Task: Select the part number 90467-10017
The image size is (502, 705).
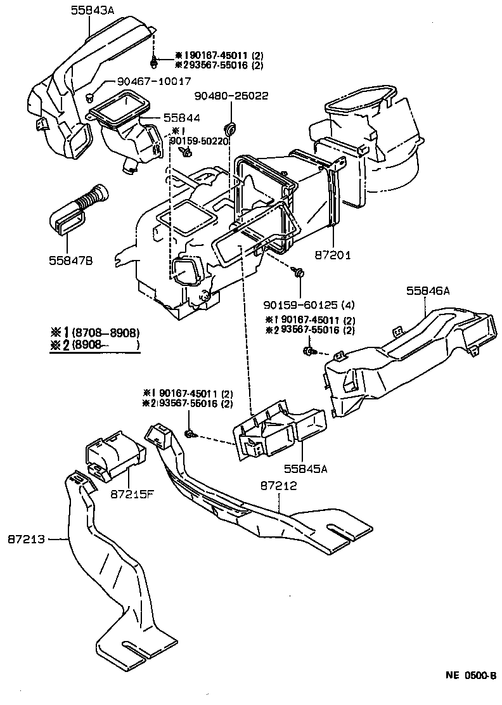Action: (x=153, y=82)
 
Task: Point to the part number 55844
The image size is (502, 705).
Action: (x=181, y=118)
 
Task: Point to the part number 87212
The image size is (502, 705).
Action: (x=279, y=486)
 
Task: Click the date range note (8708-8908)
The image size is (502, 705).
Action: (x=105, y=333)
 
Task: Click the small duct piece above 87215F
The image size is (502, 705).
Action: (x=113, y=453)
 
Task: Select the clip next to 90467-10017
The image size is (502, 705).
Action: (x=91, y=97)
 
